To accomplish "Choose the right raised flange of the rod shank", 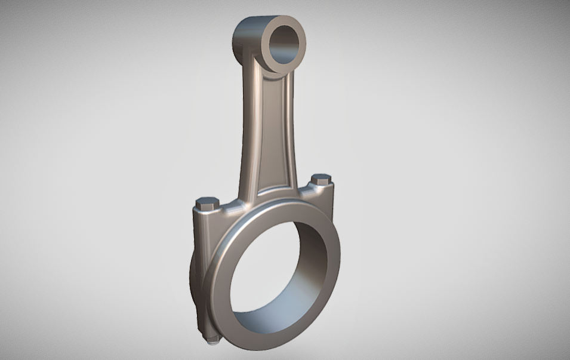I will tap(291, 137).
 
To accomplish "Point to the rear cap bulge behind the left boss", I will tap(192, 281).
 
